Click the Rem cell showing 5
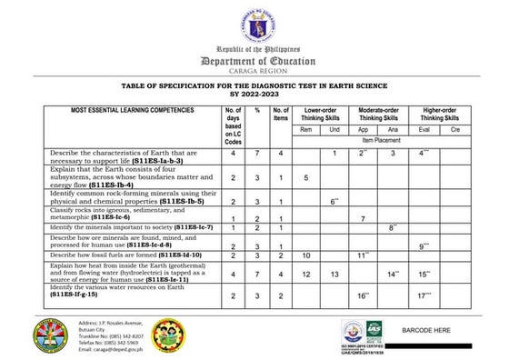(x=306, y=178)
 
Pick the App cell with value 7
(x=363, y=219)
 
